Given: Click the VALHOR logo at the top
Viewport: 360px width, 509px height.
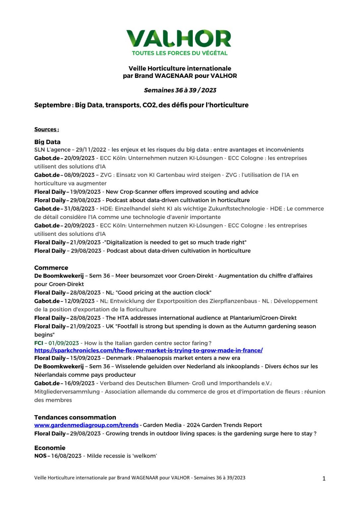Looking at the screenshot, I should tap(179, 39).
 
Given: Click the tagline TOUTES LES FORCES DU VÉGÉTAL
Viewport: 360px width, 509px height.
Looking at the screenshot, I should tap(180, 53).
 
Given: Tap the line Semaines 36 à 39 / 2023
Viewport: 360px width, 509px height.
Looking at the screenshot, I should tap(180, 90).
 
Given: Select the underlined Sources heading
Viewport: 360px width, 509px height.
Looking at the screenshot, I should tap(46, 129).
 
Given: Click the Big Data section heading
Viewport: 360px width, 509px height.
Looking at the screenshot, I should tap(47, 142).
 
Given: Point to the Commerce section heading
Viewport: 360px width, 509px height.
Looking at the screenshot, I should tap(51, 268).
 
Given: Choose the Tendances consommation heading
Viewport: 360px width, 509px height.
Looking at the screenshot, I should tap(75, 417).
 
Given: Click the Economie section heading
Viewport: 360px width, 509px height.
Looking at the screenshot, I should tap(50, 448).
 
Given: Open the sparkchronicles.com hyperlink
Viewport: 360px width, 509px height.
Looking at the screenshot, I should tap(148, 350).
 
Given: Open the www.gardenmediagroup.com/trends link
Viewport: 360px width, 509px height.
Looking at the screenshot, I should tap(86, 425).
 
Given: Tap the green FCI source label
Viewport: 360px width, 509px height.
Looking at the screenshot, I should tap(39, 343).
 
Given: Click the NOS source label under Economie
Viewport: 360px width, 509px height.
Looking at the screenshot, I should tap(40, 456).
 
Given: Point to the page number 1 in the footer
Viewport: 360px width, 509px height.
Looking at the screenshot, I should tap(324, 478).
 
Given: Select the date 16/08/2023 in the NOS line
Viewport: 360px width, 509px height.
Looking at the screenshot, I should tap(66, 456).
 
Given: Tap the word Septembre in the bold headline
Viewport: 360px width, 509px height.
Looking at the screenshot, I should tap(52, 105).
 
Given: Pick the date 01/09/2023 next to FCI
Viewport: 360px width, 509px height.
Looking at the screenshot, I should tap(64, 343).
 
